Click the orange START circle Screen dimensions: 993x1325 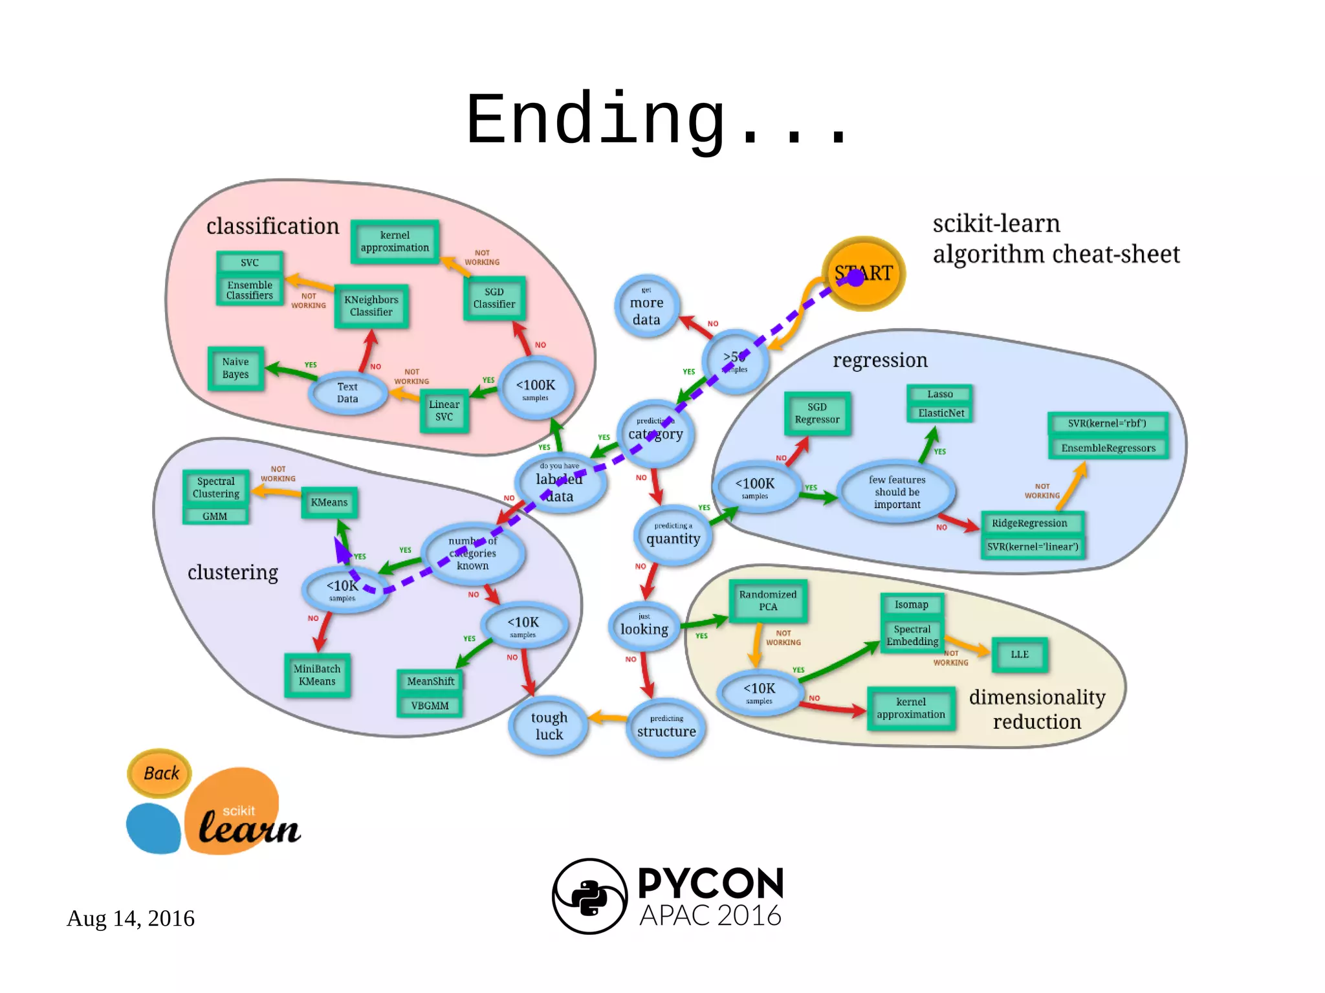coord(863,273)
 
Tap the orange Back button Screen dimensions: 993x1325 coord(160,773)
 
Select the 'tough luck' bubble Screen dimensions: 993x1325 coord(549,726)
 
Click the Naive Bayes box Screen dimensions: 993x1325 coord(235,368)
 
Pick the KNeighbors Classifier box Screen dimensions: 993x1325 coord(371,306)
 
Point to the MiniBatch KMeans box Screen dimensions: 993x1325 coord(317,675)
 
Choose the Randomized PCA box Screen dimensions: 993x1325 coord(768,600)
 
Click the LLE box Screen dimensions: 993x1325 coord(1020,655)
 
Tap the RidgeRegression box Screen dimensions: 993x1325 coord(1029,523)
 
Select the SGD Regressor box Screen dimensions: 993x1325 coord(817,413)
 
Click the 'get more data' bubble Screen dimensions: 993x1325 coord(646,307)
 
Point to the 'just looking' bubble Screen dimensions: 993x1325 coord(644,626)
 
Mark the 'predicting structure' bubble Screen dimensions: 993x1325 coord(666,728)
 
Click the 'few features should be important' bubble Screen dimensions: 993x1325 coord(897,492)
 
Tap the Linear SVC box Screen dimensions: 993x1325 coord(444,411)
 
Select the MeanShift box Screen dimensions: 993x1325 coord(430,681)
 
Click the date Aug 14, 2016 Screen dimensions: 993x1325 coord(131,918)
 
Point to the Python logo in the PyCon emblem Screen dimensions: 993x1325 coord(589,897)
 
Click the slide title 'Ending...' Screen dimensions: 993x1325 coord(657,120)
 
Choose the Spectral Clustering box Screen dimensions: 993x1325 coord(215,488)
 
